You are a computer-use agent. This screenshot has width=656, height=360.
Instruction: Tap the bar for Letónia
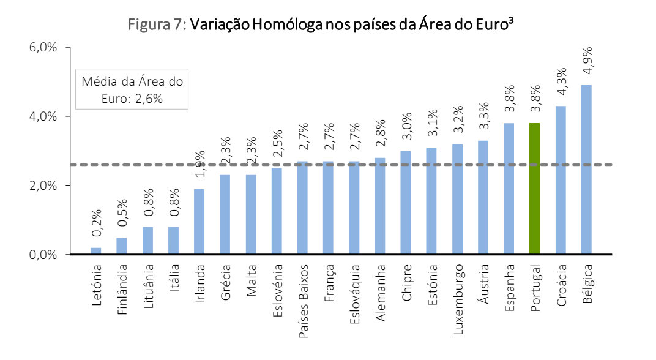(x=96, y=251)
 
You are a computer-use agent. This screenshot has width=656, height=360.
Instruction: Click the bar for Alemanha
(x=380, y=206)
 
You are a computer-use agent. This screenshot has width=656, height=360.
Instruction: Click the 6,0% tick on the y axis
(x=42, y=47)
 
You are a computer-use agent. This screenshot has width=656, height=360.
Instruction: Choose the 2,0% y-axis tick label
(x=42, y=186)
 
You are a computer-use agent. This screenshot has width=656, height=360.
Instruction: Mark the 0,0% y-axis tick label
(x=42, y=254)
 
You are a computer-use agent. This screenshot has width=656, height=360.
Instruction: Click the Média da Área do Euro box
(x=132, y=89)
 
